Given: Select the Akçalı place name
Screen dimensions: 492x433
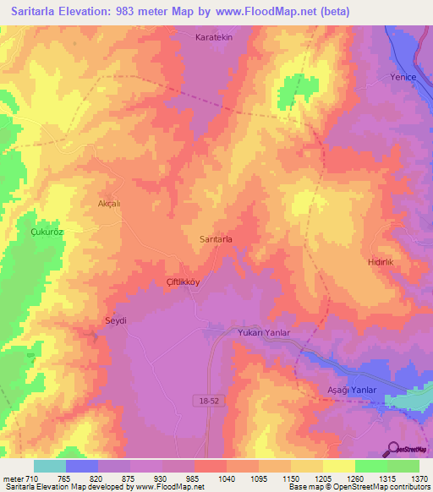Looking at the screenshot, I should [x=111, y=204].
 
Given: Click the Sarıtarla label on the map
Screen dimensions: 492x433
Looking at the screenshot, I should [x=216, y=239].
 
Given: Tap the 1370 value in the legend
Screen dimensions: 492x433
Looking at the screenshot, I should [x=419, y=478].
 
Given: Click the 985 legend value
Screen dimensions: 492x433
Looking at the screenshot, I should [x=195, y=478].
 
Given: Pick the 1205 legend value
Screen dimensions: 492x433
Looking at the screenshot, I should [x=323, y=478].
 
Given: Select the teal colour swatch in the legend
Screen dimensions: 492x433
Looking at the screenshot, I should [x=50, y=465].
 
